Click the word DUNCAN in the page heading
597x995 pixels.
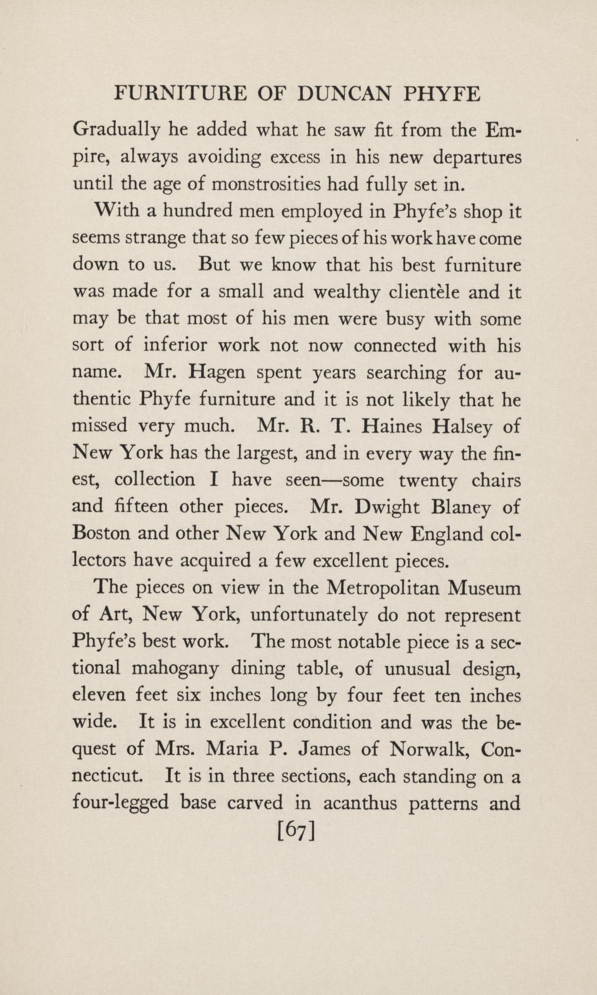tap(343, 94)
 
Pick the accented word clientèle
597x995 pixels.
tap(424, 292)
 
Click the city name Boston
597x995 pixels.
tap(101, 534)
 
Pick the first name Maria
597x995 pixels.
tap(232, 750)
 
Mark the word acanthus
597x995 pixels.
tap(359, 803)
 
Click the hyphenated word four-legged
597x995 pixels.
tap(121, 803)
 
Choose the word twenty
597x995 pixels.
tap(428, 480)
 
